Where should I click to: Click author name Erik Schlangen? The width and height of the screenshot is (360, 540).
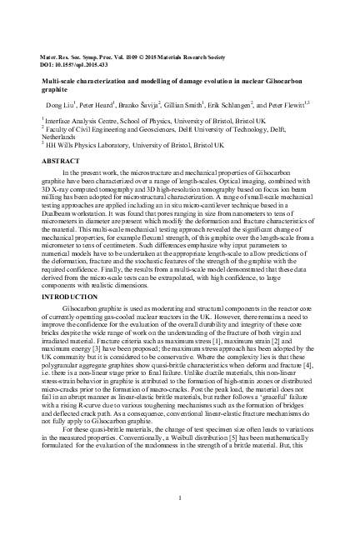249,107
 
